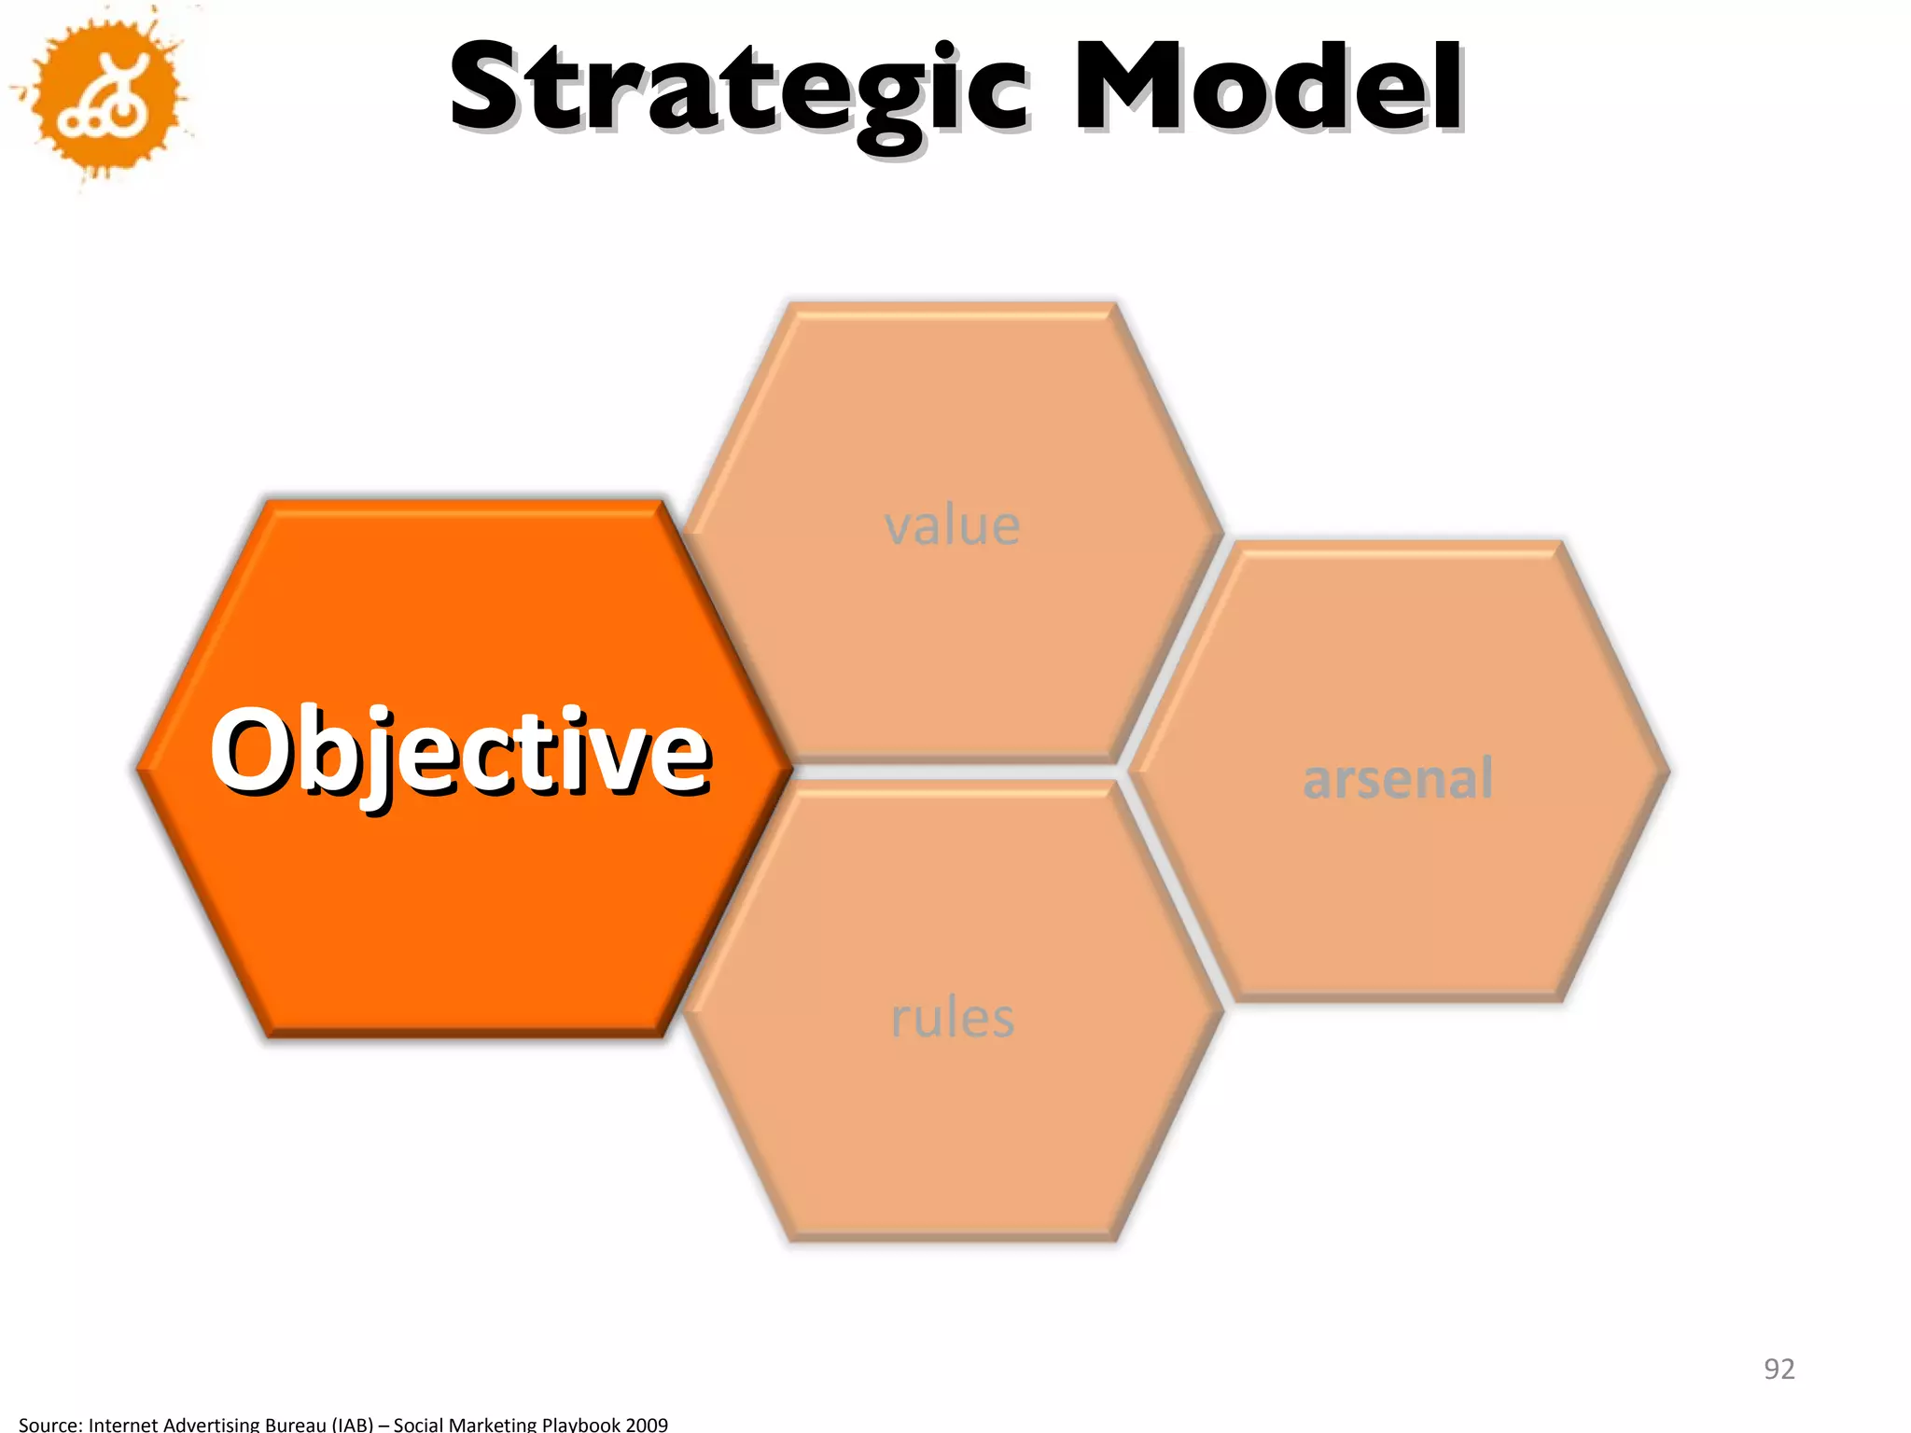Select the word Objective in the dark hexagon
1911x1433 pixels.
[461, 752]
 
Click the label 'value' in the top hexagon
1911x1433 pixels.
[952, 525]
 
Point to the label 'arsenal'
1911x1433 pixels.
[1397, 778]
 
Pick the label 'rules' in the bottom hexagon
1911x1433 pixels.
[952, 1017]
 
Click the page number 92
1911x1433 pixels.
[1778, 1369]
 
